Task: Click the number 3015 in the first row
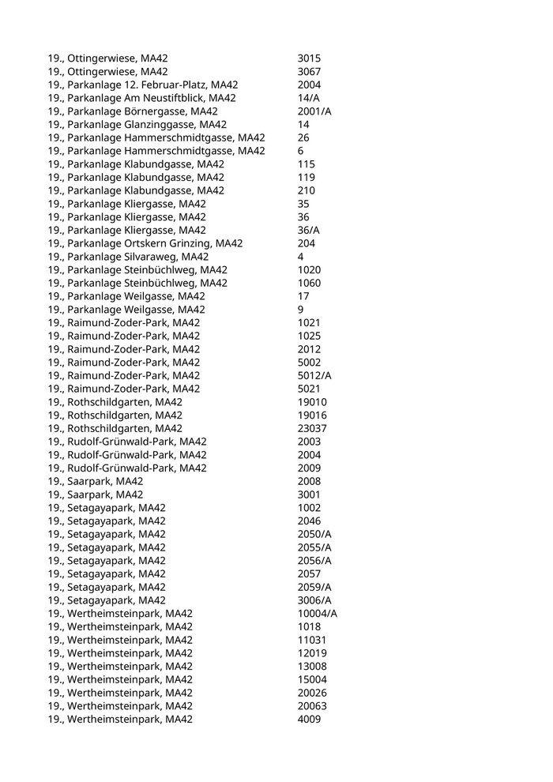pyautogui.click(x=309, y=58)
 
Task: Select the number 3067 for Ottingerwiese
pyautogui.click(x=309, y=72)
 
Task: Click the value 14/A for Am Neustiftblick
pyautogui.click(x=309, y=98)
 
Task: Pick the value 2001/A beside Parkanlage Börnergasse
pyautogui.click(x=314, y=111)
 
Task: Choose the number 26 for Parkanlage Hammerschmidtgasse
pyautogui.click(x=303, y=137)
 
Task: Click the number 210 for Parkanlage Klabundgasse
pyautogui.click(x=307, y=190)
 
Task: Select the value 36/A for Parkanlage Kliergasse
pyautogui.click(x=309, y=230)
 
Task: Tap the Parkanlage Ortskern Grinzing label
pyautogui.click(x=145, y=243)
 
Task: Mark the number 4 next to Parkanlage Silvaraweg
pyautogui.click(x=301, y=257)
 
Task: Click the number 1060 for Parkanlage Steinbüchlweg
pyautogui.click(x=309, y=283)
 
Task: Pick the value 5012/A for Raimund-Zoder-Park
pyautogui.click(x=314, y=375)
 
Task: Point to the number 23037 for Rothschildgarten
pyautogui.click(x=312, y=428)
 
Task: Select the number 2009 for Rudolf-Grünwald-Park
pyautogui.click(x=309, y=468)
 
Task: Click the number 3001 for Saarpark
pyautogui.click(x=309, y=494)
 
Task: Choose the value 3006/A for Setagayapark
pyautogui.click(x=314, y=600)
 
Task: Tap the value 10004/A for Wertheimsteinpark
pyautogui.click(x=318, y=614)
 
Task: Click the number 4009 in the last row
pyautogui.click(x=309, y=719)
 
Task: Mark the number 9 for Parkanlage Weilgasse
pyautogui.click(x=301, y=310)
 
